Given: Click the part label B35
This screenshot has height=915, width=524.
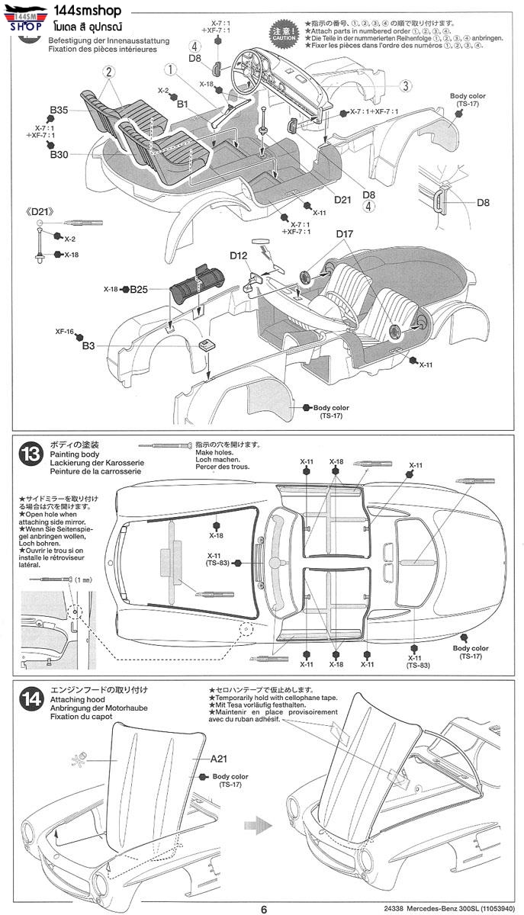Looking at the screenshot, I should pos(59,111).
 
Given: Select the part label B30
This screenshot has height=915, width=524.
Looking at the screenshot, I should pos(59,155).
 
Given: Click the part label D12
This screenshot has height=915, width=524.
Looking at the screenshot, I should pos(238,256).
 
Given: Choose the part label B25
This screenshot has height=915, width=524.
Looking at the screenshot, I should pos(138,289).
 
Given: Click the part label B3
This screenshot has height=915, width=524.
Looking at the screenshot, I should pos(88,346).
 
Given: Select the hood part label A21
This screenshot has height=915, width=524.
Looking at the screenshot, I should pos(221,759).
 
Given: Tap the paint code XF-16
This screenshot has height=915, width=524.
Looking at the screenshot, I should pos(64,332).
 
